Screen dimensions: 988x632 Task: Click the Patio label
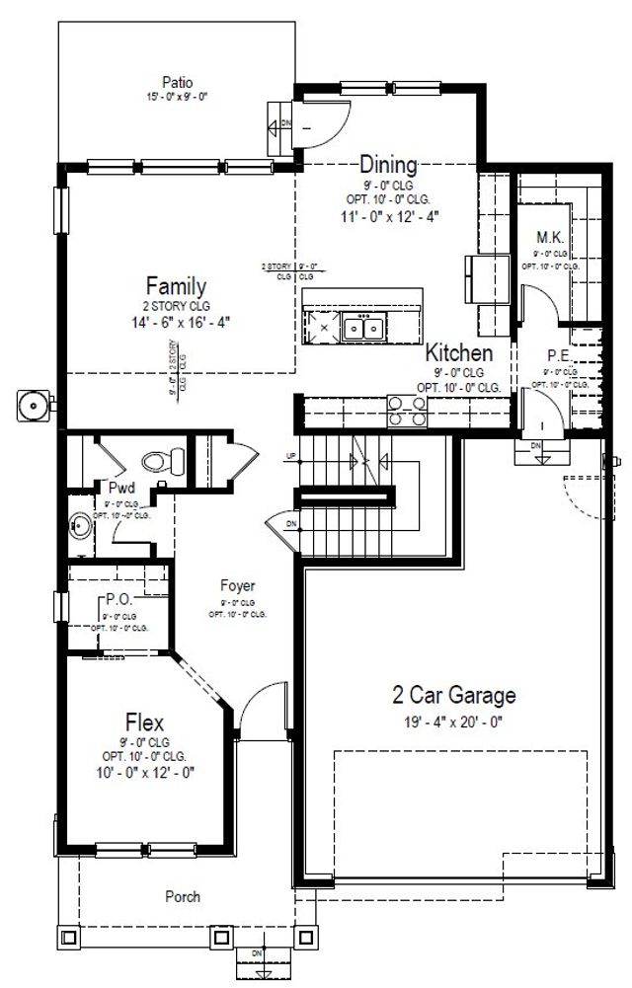179,82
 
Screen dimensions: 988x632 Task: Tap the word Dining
388,164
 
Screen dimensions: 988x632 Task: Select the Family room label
177,286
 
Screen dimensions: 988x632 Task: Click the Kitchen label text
459,352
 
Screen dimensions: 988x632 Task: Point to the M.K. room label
549,238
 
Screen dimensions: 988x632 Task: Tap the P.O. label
118,600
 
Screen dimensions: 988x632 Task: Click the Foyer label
238,586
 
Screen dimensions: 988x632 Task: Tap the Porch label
183,897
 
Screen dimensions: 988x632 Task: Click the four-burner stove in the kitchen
407,411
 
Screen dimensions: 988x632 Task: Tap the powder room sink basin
80,527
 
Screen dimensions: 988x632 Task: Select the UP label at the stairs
290,455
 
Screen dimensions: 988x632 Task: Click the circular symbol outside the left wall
35,403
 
